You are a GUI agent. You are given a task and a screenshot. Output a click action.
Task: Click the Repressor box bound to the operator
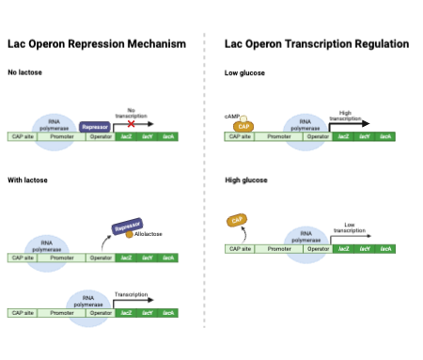95,126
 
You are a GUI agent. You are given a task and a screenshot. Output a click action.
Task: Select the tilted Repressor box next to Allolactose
126,227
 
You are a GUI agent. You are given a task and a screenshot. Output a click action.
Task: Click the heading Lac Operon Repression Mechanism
97,44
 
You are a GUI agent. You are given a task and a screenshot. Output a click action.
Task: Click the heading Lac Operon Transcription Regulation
317,44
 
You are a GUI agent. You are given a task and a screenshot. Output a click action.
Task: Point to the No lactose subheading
24,72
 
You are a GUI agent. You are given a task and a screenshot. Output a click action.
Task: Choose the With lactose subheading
28,180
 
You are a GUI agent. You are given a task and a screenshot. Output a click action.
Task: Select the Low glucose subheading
244,72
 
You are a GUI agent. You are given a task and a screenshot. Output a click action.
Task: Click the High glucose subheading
245,180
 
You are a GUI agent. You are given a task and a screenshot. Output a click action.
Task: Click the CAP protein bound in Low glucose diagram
243,126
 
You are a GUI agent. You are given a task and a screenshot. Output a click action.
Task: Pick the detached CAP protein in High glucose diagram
237,220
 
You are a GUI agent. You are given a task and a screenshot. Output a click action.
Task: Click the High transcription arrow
349,123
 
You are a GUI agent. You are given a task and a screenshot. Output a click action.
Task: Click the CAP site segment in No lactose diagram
22,137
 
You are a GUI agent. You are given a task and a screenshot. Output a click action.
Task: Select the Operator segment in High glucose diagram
318,248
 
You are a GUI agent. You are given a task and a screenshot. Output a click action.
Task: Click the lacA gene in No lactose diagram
168,137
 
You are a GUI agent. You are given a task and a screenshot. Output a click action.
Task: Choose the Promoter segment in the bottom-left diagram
62,312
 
